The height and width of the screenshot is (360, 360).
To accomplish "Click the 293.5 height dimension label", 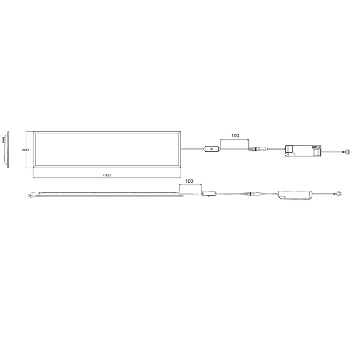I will [26, 150].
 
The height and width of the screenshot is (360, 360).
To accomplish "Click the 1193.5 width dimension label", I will [106, 176].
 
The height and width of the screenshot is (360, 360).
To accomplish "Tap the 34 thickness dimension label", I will [30, 196].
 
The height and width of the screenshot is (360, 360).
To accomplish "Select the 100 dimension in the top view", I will [235, 136].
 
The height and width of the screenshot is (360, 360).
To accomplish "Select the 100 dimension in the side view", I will [189, 181].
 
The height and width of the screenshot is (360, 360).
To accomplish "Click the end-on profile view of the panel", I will [5, 149].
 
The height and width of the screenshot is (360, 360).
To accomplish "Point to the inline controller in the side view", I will [210, 194].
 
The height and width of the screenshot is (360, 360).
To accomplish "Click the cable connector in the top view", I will [256, 150].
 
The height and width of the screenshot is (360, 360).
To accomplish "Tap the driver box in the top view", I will [303, 150].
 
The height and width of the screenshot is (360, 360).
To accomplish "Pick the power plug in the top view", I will [347, 152].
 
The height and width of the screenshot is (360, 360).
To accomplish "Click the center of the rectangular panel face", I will [106, 150].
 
